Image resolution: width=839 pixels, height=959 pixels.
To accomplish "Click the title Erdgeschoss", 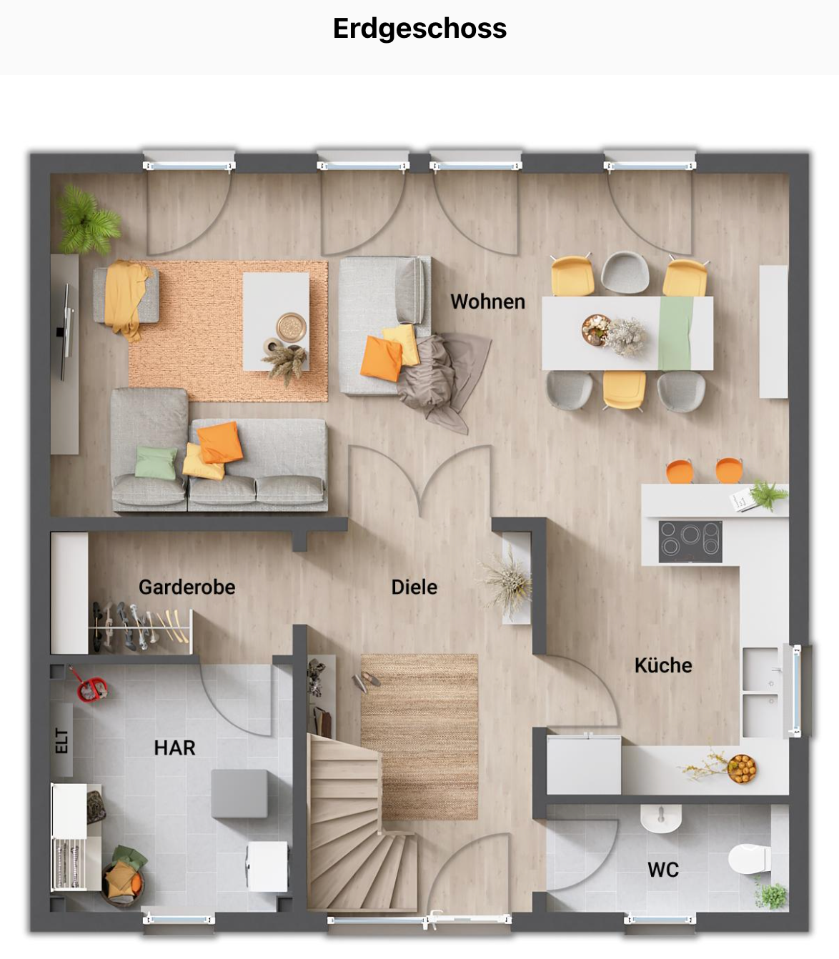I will tap(419, 29).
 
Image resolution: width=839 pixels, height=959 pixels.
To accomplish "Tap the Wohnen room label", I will tap(487, 302).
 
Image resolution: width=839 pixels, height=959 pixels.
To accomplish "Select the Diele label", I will tap(414, 587).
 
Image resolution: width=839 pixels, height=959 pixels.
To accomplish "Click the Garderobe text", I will tap(187, 587).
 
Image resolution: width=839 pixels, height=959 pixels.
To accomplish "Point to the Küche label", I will tap(662, 665).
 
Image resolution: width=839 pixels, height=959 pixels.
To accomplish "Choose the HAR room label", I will tap(174, 747).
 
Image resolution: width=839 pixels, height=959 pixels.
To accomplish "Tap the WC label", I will tap(662, 870).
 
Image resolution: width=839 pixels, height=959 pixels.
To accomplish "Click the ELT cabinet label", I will tap(62, 741).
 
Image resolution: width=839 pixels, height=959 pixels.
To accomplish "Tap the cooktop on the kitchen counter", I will tap(690, 542).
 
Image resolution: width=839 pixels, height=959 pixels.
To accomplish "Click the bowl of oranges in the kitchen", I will tap(742, 768).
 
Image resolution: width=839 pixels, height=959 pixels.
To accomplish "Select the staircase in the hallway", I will tap(350, 822).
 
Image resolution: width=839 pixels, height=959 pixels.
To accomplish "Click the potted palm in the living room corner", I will tap(87, 220).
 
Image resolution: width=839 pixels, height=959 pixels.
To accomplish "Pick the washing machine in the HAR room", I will tap(267, 866).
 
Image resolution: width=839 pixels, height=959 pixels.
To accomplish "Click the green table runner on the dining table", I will tap(675, 332).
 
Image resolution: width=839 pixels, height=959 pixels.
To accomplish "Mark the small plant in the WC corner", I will tap(771, 894).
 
